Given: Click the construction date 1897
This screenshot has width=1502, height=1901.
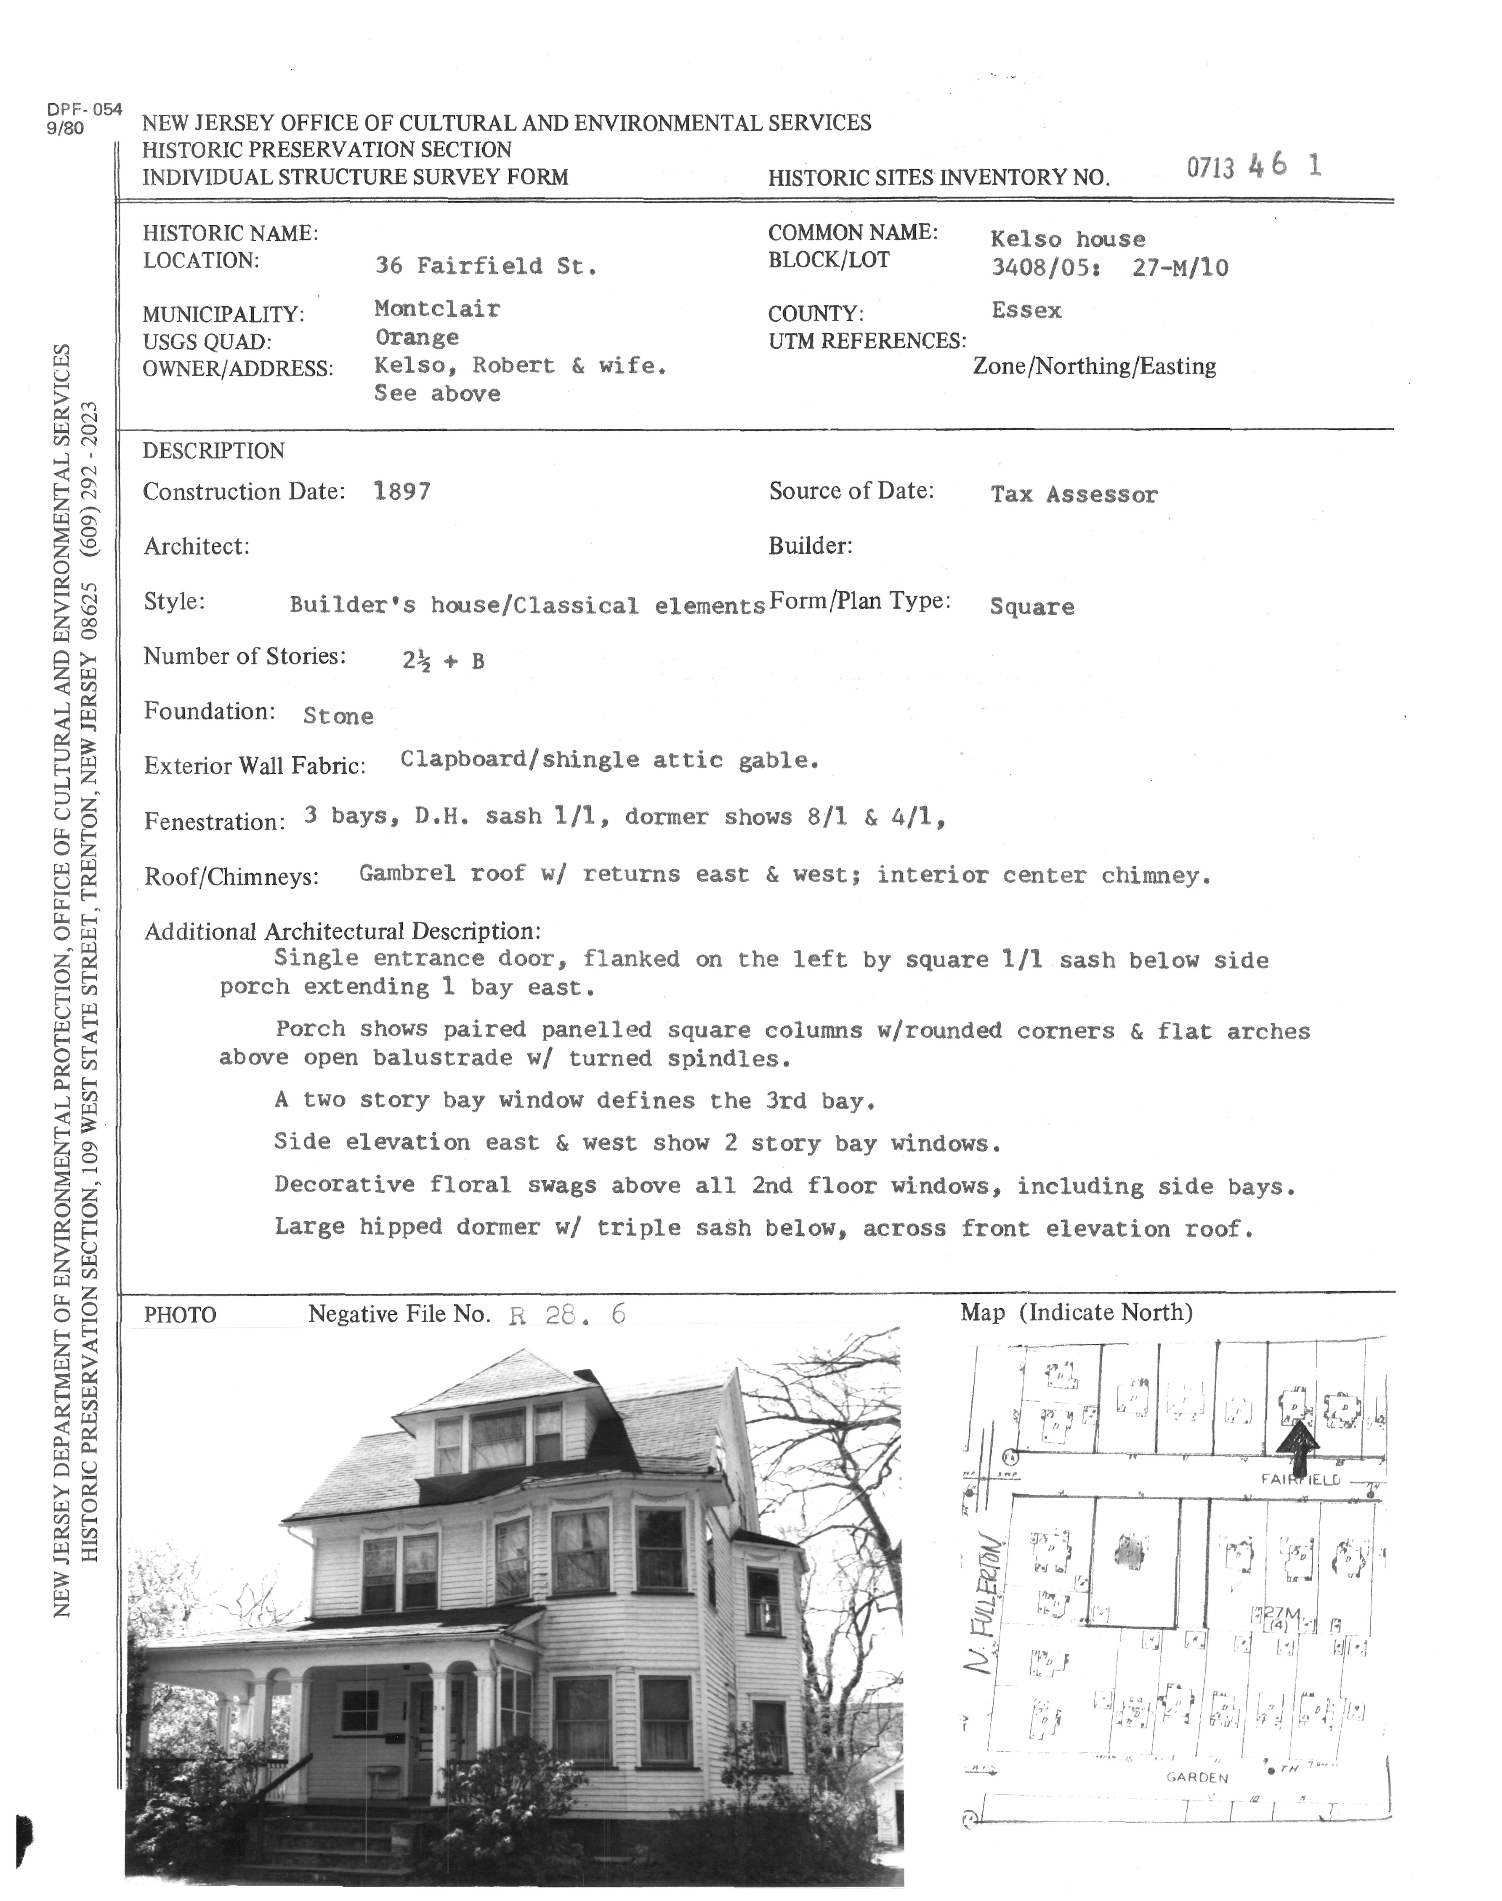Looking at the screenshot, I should pyautogui.click(x=402, y=491).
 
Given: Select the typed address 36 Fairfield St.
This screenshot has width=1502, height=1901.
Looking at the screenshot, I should pyautogui.click(x=485, y=266).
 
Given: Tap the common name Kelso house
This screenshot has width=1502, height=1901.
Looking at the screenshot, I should pyautogui.click(x=1068, y=239).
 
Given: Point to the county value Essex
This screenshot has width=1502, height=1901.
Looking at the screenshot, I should pyautogui.click(x=1026, y=311).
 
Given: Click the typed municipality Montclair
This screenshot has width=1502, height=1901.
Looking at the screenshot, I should pyautogui.click(x=437, y=309).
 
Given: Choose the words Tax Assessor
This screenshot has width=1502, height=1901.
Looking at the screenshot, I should pyautogui.click(x=1074, y=494).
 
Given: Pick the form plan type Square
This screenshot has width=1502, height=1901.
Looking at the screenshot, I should pyautogui.click(x=1031, y=607).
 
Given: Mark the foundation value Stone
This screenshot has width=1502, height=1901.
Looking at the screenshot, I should pyautogui.click(x=338, y=716).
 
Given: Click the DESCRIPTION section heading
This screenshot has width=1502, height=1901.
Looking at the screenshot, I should pyautogui.click(x=214, y=451).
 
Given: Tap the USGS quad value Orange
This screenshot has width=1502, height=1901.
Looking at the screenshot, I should pyautogui.click(x=417, y=337).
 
